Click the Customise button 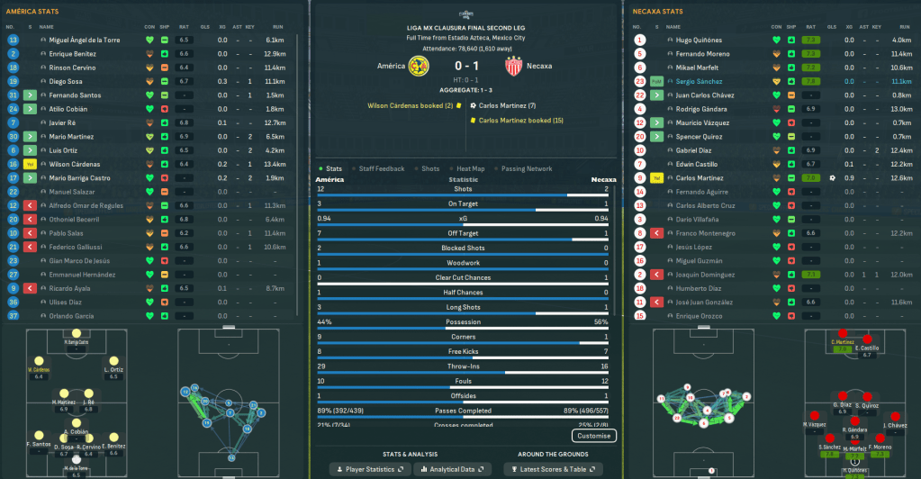pyautogui.click(x=593, y=436)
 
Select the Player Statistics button pyautogui.click(x=367, y=469)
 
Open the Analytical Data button pyautogui.click(x=460, y=469)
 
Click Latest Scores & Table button pyautogui.click(x=553, y=469)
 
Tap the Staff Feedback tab pyautogui.click(x=382, y=168)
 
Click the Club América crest pyautogui.click(x=417, y=66)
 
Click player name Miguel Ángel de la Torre pyautogui.click(x=84, y=41)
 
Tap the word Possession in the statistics pyautogui.click(x=463, y=321)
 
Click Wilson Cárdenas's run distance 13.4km pyautogui.click(x=275, y=164)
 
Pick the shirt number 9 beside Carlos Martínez pyautogui.click(x=640, y=178)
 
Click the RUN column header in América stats pyautogui.click(x=279, y=26)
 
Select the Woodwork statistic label pyautogui.click(x=463, y=263)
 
